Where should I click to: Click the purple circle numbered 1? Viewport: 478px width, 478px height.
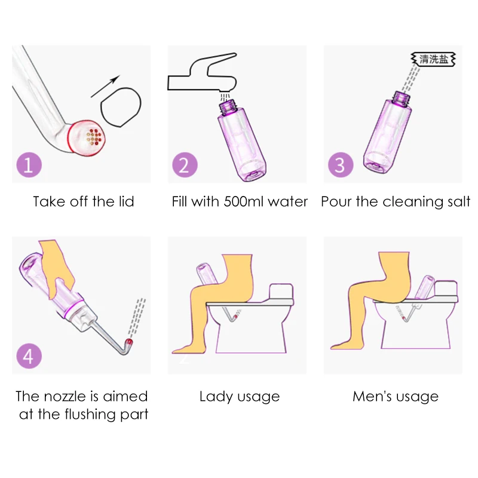[29, 165]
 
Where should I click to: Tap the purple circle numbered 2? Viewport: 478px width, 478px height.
[185, 165]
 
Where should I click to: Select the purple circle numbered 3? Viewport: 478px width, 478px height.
[341, 165]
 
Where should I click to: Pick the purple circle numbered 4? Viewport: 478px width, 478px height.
[29, 356]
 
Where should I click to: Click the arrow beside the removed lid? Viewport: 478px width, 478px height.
[105, 86]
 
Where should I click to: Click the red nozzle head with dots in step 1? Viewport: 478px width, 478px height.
[86, 139]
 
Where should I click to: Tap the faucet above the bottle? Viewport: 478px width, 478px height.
[202, 73]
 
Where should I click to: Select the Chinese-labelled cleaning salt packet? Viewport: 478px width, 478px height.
[433, 59]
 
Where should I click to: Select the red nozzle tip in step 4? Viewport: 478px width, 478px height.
[129, 342]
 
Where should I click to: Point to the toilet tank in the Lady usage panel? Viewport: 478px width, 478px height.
[281, 292]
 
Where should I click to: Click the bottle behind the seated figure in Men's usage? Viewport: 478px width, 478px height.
[424, 287]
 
